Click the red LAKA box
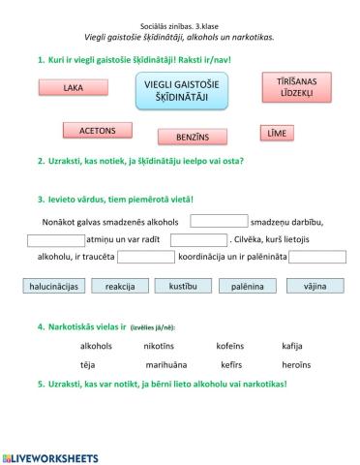pyautogui.click(x=72, y=87)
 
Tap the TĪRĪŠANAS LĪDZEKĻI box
pyautogui.click(x=289, y=88)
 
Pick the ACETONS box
pyautogui.click(x=97, y=129)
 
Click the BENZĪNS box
pyautogui.click(x=193, y=137)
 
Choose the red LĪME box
pyautogui.click(x=277, y=133)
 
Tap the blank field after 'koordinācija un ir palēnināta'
pyautogui.click(x=316, y=257)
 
